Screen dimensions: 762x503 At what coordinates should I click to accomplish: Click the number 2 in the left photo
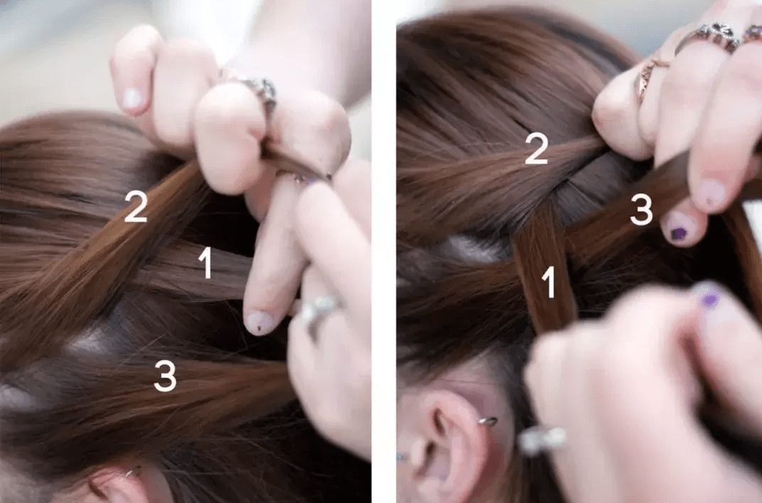[x=136, y=206]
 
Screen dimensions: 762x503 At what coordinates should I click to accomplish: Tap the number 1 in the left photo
[x=206, y=263]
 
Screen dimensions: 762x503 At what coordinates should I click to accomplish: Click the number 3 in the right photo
[x=641, y=210]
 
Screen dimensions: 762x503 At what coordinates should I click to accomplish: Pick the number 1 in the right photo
[x=549, y=282]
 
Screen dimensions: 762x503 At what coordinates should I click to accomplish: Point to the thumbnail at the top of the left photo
[x=132, y=99]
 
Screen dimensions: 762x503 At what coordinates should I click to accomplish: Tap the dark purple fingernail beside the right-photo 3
[x=680, y=233]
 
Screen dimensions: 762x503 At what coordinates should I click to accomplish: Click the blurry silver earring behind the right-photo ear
[x=542, y=440]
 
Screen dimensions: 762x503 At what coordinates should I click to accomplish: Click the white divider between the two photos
[x=385, y=251]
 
